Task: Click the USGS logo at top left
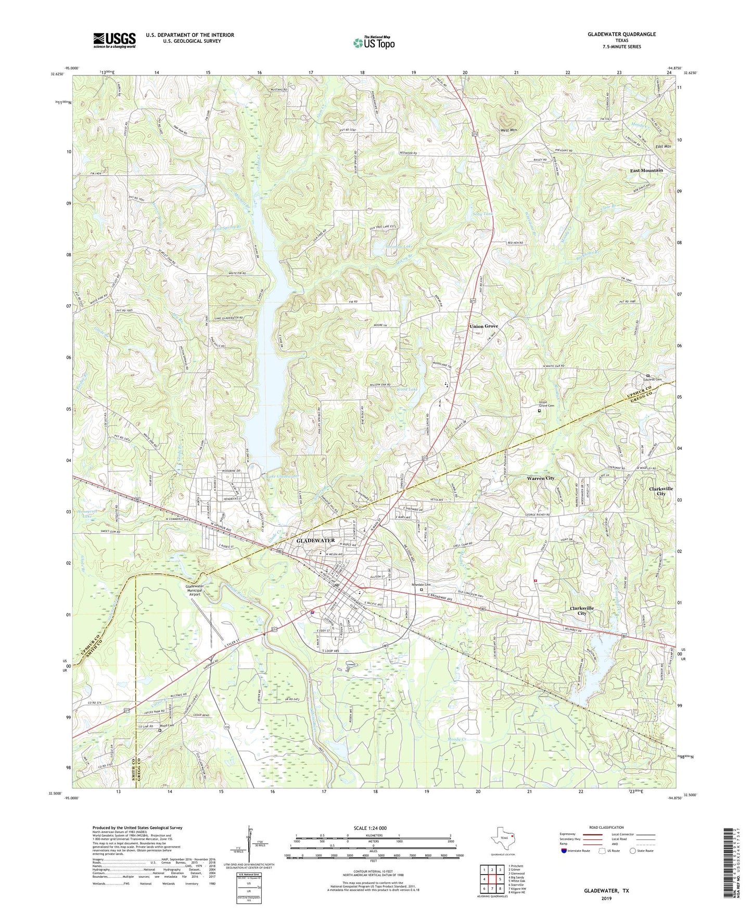point(114,40)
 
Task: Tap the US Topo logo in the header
point(373,43)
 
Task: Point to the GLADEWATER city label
point(315,541)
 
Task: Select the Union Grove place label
point(483,326)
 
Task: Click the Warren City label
point(540,478)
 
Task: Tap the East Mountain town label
point(646,170)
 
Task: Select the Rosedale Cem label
point(422,585)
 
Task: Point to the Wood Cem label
point(167,725)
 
